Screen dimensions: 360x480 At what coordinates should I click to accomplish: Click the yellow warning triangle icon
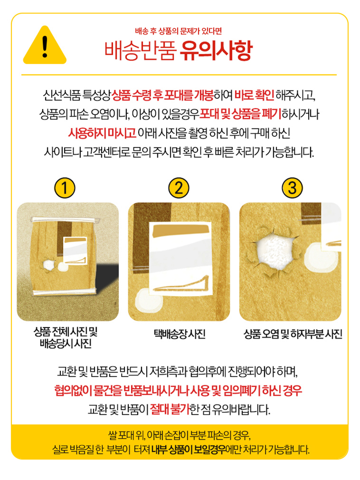point(45,46)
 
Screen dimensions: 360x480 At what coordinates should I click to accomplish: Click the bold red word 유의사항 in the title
point(216,51)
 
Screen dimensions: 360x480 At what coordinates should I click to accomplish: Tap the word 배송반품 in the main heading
point(141,51)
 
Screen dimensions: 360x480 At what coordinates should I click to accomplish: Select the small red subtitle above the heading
point(178,31)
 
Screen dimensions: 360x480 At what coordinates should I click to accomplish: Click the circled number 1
point(64,187)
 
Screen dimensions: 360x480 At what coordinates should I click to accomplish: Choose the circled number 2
point(179,187)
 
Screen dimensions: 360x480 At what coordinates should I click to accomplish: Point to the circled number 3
point(292,187)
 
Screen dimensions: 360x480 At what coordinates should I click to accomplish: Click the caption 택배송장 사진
point(180,334)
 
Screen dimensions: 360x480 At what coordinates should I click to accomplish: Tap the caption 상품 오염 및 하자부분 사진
point(293,334)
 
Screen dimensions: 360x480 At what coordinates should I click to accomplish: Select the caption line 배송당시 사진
point(65,344)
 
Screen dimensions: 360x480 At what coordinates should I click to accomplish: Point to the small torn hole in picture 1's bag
point(49,264)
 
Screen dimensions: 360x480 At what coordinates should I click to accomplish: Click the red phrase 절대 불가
point(170,409)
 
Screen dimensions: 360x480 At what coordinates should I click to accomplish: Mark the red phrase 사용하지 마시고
point(102,133)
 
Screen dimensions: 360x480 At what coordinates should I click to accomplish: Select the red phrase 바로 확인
point(254,95)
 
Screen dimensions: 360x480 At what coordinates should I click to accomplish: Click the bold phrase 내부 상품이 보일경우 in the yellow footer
point(188,450)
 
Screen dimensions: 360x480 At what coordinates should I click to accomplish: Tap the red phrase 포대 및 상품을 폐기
point(240,114)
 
